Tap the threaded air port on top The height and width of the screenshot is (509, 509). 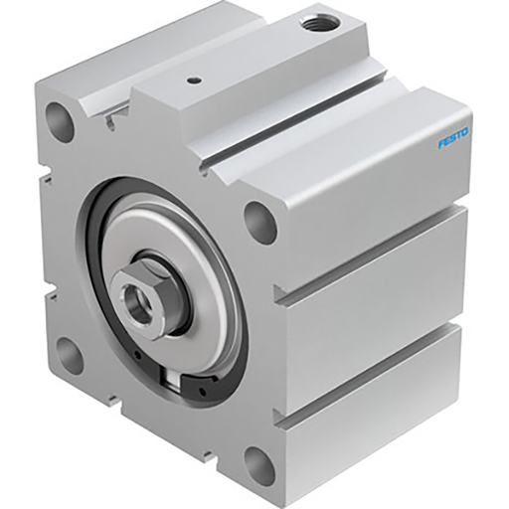point(320,21)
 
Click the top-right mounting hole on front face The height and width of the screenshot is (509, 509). point(259,221)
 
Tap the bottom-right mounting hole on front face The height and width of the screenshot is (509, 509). point(259,463)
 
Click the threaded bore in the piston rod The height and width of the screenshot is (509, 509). point(131,295)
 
